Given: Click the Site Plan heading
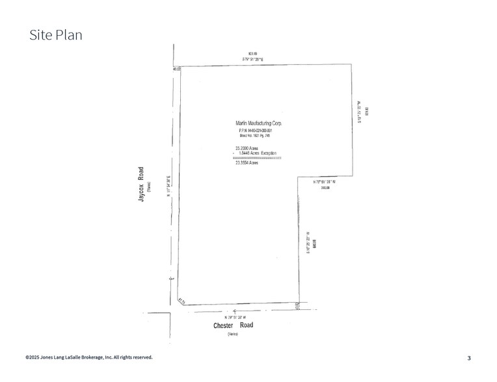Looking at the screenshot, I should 56,35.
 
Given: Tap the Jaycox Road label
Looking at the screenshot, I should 140,186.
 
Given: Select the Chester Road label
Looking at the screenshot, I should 233,325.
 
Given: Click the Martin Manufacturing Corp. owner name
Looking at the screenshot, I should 258,123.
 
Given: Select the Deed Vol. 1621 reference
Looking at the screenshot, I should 254,136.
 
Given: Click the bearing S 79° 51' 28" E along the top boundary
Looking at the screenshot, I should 253,59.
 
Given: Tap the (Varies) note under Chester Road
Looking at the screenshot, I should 233,334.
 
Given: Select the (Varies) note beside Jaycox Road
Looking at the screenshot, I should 148,186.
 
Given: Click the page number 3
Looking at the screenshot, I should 469,358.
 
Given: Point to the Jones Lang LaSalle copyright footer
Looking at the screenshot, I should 89,357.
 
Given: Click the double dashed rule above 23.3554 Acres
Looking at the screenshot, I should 256,158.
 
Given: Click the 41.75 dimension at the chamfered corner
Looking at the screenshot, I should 182,301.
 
